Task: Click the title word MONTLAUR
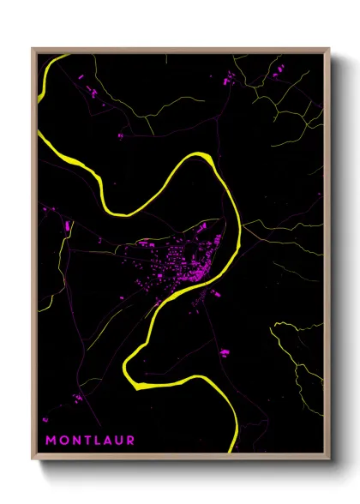[x=90, y=441]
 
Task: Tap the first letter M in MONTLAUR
[x=51, y=441]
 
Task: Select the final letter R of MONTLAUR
[x=130, y=441]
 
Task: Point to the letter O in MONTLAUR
[x=63, y=441]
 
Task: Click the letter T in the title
[x=86, y=441]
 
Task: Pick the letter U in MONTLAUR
[x=118, y=441]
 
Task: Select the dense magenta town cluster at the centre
[x=184, y=261]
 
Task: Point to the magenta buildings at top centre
[x=228, y=80]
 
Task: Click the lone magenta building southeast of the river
[x=225, y=351]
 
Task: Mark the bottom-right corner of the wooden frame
[x=328, y=459]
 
